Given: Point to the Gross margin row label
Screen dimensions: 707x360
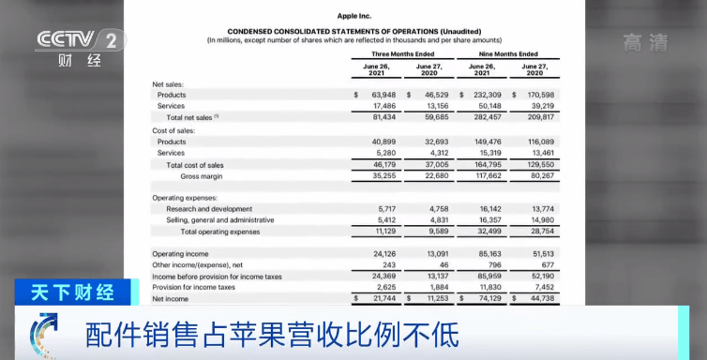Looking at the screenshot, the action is point(203,175).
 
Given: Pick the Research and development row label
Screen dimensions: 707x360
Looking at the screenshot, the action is point(209,209).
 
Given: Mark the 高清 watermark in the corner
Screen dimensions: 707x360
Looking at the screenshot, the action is point(646,41).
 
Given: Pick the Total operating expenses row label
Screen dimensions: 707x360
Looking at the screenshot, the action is point(220,231).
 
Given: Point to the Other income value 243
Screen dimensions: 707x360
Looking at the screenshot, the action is point(388,264).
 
